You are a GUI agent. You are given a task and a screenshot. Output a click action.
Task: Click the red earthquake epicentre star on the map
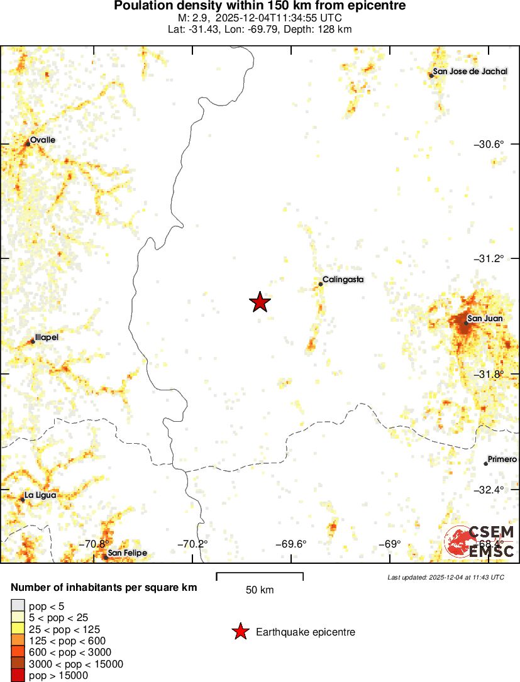click(260, 302)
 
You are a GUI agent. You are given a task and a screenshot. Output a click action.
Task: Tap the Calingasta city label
click(343, 280)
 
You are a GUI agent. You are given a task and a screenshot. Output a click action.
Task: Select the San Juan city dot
click(467, 323)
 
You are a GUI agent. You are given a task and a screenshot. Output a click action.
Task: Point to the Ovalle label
click(43, 140)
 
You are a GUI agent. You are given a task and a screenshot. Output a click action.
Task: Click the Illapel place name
click(47, 338)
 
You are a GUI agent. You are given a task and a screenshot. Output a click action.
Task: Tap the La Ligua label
click(40, 495)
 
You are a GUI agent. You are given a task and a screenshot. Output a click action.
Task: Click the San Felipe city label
click(127, 553)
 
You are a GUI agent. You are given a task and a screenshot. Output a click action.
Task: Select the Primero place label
click(502, 459)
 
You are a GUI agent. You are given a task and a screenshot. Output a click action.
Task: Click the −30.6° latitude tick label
click(489, 144)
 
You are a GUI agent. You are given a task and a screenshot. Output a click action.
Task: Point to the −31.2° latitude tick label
click(489, 258)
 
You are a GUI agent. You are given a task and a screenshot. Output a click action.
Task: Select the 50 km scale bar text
click(260, 590)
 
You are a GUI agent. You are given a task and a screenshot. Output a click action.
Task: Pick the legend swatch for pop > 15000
click(18, 676)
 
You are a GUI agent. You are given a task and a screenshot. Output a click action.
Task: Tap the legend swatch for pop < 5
click(18, 606)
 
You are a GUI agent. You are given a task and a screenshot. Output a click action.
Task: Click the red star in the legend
click(240, 632)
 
